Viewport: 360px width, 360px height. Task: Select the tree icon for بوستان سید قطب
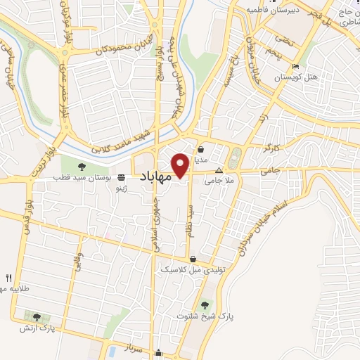click(x=83, y=167)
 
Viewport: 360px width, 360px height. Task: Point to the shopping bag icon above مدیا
click(x=202, y=149)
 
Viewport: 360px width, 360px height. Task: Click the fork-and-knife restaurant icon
click(x=9, y=278)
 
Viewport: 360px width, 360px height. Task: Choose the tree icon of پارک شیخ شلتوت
click(x=205, y=304)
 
